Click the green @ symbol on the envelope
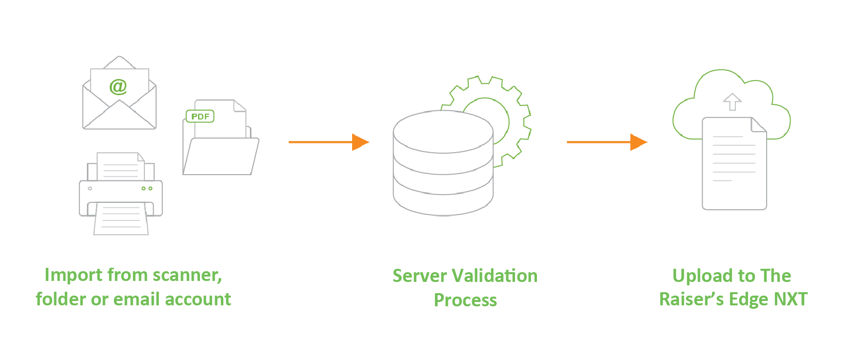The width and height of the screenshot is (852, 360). click(118, 86)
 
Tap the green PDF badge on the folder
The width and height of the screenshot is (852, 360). click(200, 117)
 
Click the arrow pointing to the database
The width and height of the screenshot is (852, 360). click(329, 142)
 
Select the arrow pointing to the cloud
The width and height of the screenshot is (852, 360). click(607, 142)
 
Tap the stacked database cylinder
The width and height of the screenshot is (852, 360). click(443, 163)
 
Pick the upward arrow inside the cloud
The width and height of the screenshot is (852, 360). click(732, 102)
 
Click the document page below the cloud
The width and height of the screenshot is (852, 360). click(734, 163)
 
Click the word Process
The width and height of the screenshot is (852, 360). click(465, 300)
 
